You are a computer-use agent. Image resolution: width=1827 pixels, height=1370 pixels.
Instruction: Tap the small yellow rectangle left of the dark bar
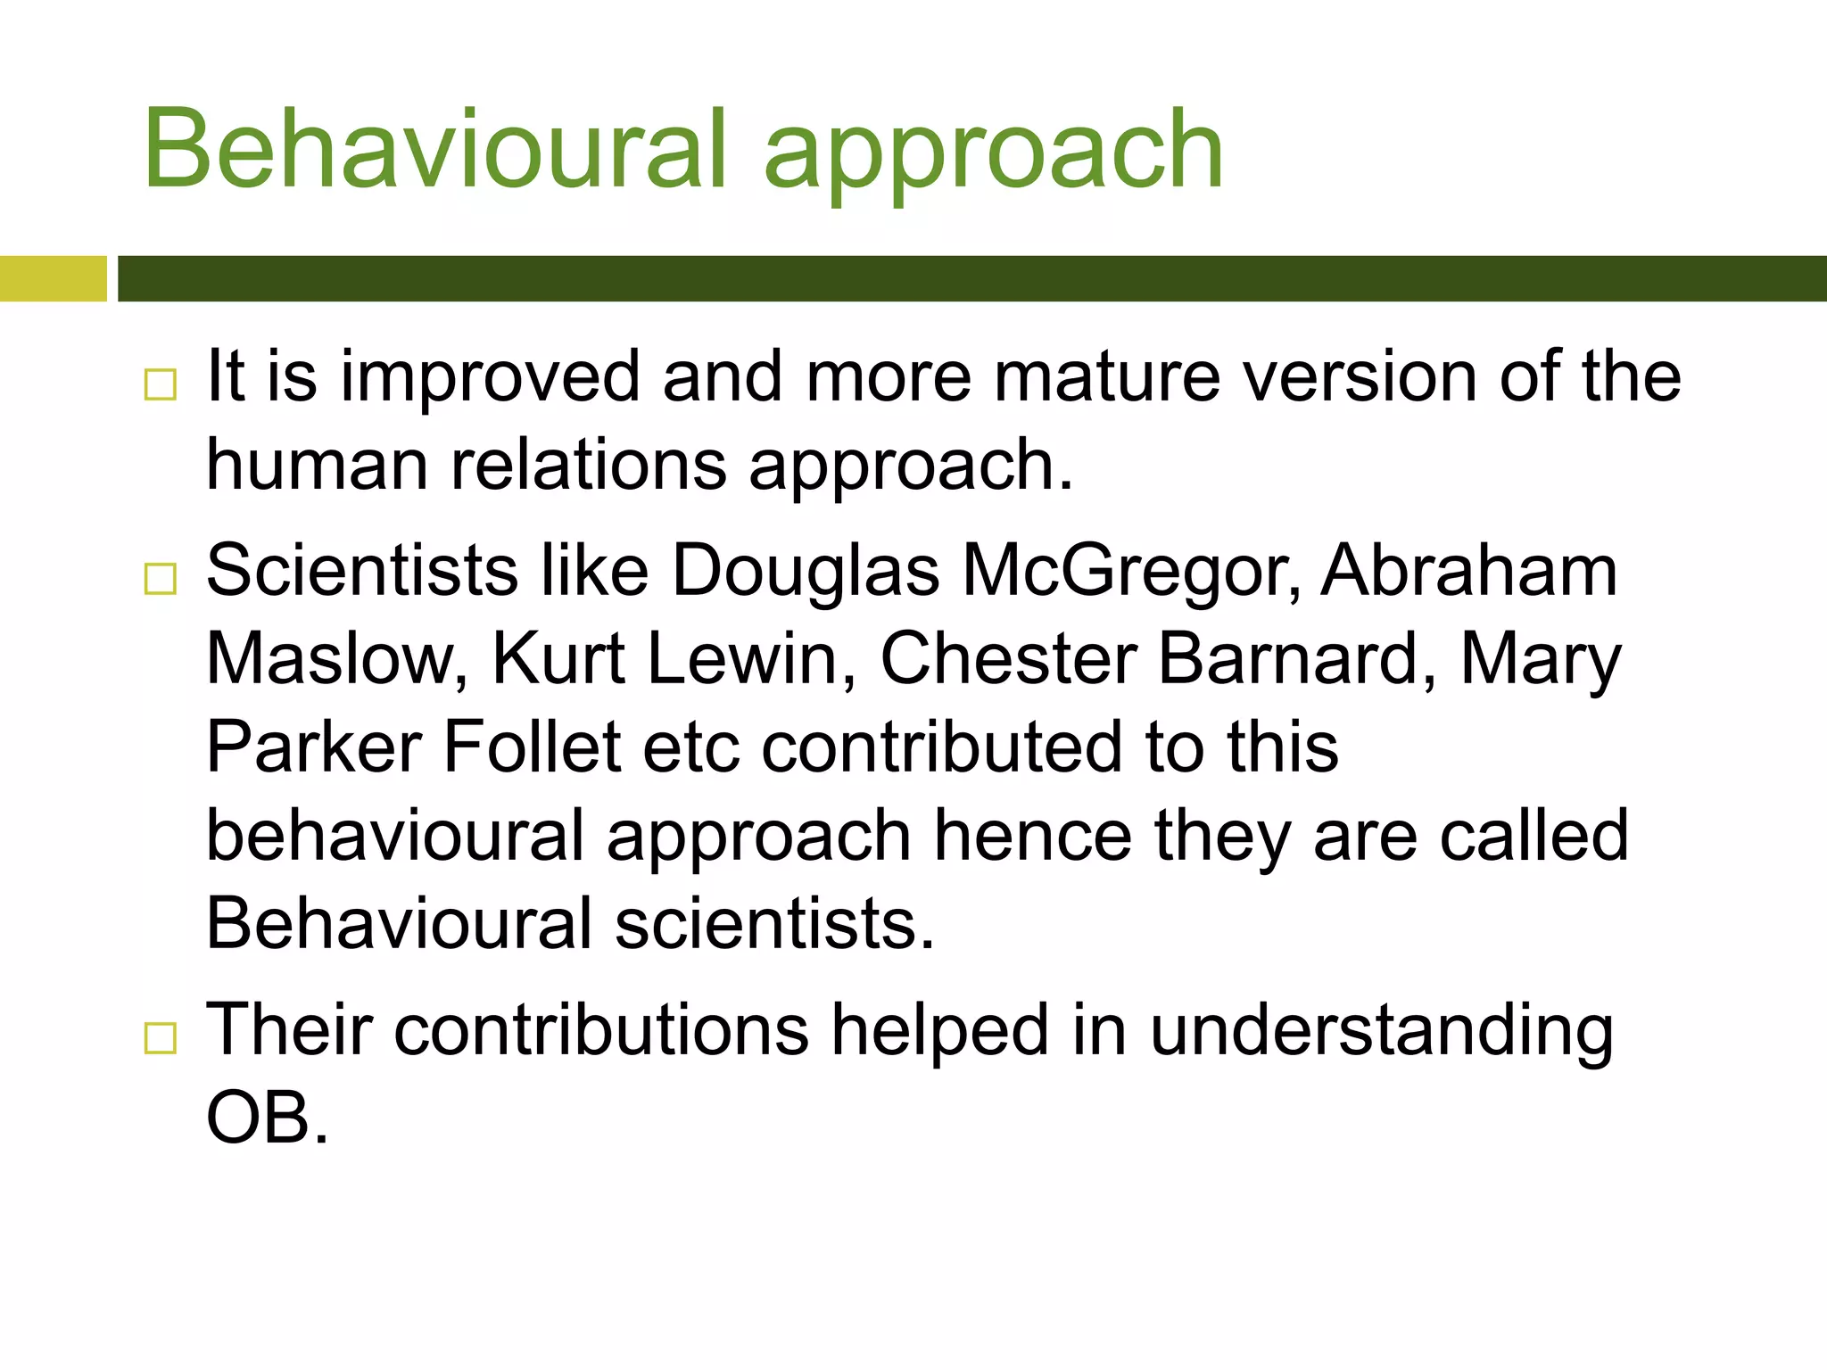53,278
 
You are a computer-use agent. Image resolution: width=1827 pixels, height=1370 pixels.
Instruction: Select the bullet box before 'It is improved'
161,384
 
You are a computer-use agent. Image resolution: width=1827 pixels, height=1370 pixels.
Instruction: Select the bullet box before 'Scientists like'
161,579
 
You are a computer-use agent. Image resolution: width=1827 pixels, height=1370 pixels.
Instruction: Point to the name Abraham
1468,571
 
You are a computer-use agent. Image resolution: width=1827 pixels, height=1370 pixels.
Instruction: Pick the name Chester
1008,659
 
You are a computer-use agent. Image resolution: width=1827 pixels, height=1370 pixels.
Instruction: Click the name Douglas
806,571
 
